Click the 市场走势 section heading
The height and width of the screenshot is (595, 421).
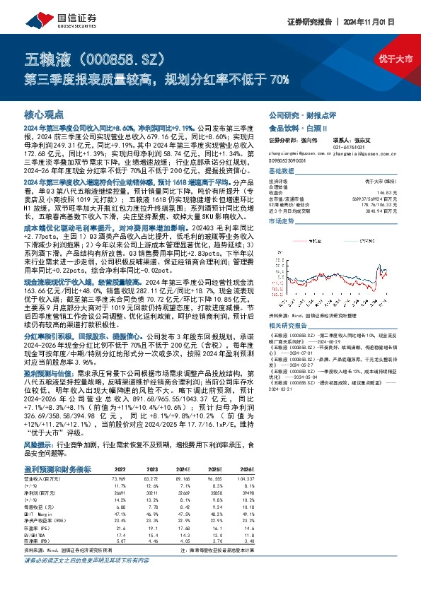point(283,221)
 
